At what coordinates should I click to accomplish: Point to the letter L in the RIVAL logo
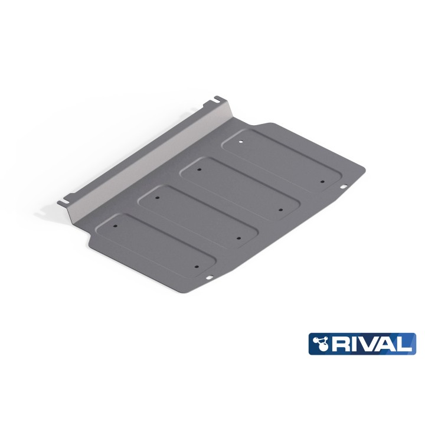tap(407, 344)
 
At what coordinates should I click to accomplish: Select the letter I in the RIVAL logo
tap(356, 344)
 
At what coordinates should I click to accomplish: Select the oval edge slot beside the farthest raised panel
tap(343, 188)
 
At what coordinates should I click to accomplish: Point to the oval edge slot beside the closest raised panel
tap(210, 277)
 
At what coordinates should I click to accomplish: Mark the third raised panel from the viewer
tap(240, 187)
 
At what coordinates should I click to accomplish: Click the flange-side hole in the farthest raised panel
tap(241, 141)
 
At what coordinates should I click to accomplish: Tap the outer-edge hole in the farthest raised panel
tap(322, 181)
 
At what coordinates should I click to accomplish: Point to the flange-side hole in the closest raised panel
tap(116, 225)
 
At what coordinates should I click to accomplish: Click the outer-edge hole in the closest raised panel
tap(197, 264)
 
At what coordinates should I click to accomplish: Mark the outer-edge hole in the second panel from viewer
tap(238, 237)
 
